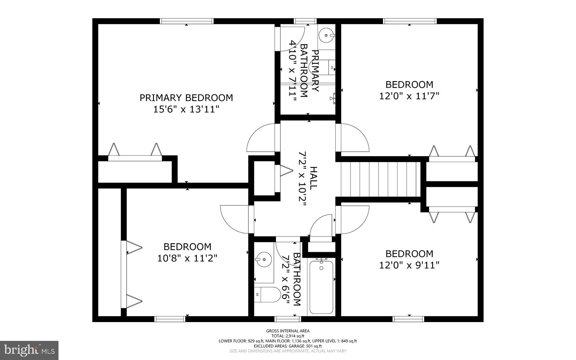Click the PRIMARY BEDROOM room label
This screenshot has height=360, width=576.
(x=186, y=98)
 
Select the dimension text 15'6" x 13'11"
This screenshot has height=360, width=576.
(x=186, y=109)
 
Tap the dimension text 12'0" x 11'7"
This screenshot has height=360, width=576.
(x=409, y=96)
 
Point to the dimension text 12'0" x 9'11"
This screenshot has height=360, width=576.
(x=409, y=265)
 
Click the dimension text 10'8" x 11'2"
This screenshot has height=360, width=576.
(x=187, y=258)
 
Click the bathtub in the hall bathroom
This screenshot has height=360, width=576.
(x=321, y=287)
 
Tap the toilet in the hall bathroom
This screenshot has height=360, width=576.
(x=267, y=295)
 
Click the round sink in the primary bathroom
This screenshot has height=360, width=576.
(x=327, y=35)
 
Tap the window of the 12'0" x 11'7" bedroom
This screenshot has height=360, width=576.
(x=410, y=21)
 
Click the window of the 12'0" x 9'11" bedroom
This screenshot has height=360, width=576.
(x=408, y=319)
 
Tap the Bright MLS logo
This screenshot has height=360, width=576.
(x=29, y=350)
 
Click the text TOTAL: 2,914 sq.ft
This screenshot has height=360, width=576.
(x=288, y=336)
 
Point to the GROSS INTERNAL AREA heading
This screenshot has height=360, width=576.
(x=288, y=331)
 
